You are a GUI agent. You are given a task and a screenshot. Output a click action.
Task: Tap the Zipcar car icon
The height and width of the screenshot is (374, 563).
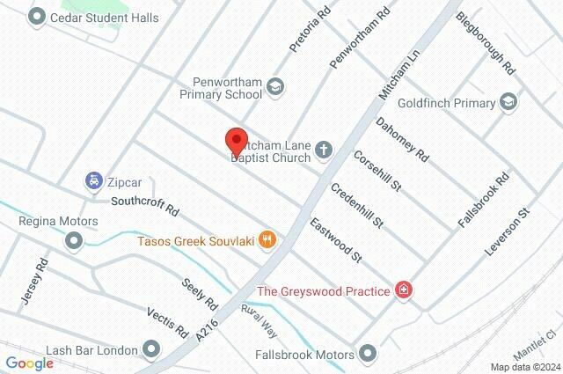92,182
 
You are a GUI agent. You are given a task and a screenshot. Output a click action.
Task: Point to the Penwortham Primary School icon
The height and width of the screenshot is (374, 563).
276,86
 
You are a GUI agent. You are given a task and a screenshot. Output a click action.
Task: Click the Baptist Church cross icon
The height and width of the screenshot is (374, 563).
324,150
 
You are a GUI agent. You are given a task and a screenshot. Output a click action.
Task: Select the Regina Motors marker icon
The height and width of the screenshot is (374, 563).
73,239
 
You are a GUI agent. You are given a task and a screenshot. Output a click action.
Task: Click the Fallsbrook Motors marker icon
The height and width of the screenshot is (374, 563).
369,355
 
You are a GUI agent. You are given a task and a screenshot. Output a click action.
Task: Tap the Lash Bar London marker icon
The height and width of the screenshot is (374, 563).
152,350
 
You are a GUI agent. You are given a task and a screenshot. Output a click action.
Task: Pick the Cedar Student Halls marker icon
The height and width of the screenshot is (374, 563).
37,16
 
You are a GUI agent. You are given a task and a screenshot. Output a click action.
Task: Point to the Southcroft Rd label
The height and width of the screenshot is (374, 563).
144,206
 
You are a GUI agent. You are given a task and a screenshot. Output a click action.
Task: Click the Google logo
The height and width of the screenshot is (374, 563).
29,363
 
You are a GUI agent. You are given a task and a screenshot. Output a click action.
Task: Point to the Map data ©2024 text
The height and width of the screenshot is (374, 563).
524,367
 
